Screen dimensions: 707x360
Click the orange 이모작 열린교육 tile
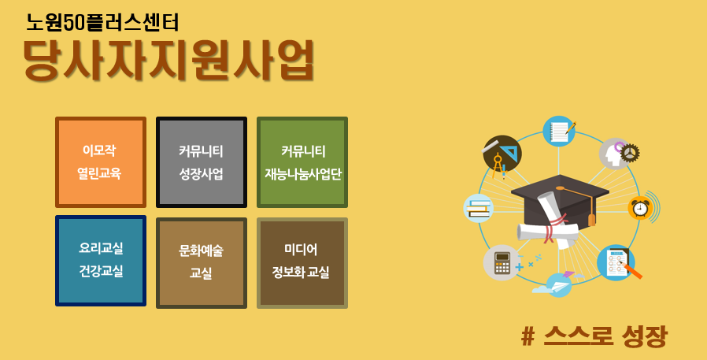[x=101, y=162]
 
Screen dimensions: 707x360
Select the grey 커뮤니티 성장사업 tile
[x=201, y=162]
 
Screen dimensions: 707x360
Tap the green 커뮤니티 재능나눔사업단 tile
[x=302, y=162]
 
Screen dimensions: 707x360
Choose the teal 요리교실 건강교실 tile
[x=101, y=261]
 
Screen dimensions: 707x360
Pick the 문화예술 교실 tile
[x=201, y=263]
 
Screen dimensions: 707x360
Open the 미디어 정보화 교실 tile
[x=302, y=263]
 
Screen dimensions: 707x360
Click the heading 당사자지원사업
[x=168, y=61]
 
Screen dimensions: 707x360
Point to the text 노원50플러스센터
[x=102, y=23]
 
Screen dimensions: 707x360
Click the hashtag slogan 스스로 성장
[x=594, y=336]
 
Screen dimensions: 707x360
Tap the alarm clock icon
[x=640, y=207]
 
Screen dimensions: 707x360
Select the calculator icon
[x=501, y=262]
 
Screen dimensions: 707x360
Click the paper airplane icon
[x=559, y=284]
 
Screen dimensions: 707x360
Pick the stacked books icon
[x=479, y=208]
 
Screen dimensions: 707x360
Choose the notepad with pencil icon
[x=559, y=131]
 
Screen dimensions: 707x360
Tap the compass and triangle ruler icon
[x=502, y=154]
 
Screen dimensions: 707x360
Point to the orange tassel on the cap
[x=591, y=219]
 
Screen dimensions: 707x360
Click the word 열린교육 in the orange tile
[x=101, y=174]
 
